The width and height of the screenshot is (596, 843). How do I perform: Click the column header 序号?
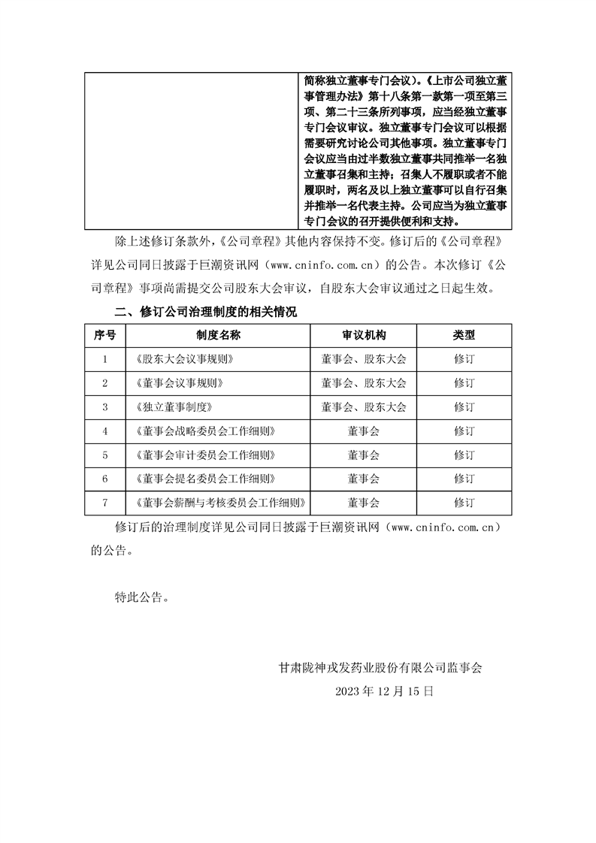click(x=104, y=335)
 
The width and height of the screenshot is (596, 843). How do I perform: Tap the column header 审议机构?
click(x=363, y=335)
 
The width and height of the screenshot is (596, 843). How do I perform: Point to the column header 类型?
click(x=464, y=335)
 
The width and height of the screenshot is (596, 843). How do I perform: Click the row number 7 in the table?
click(x=104, y=503)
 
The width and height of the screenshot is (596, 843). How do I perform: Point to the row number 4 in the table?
click(x=104, y=431)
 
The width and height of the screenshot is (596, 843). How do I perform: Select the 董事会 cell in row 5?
click(x=363, y=455)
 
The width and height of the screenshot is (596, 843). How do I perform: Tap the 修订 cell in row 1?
click(x=464, y=359)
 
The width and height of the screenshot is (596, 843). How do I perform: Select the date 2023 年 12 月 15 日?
click(x=385, y=690)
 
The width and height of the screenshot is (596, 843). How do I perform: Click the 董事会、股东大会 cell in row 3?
click(x=363, y=407)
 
